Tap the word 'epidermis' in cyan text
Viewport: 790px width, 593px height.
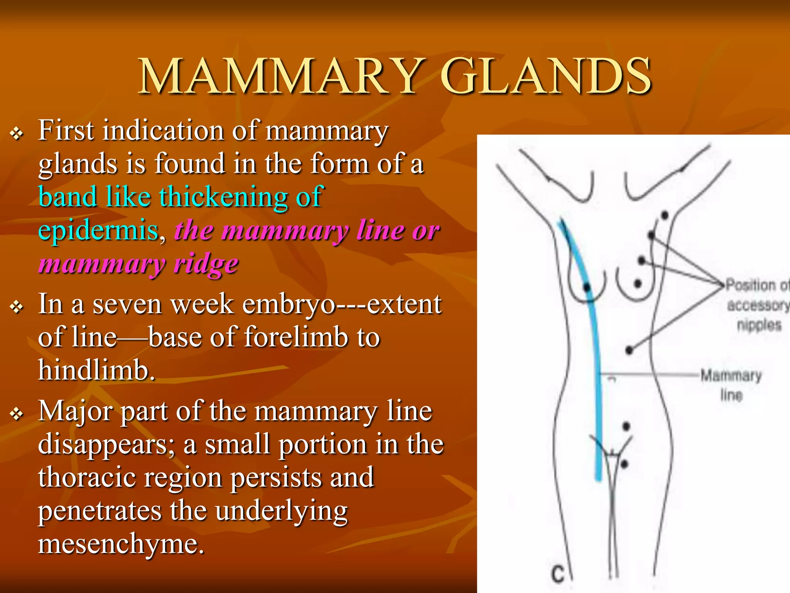[98, 230]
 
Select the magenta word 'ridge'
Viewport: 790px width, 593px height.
[206, 264]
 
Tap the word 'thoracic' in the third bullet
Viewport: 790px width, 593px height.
[87, 477]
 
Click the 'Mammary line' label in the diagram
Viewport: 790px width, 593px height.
[731, 385]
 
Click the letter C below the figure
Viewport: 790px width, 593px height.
[557, 574]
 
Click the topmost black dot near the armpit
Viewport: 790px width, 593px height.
[665, 215]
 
